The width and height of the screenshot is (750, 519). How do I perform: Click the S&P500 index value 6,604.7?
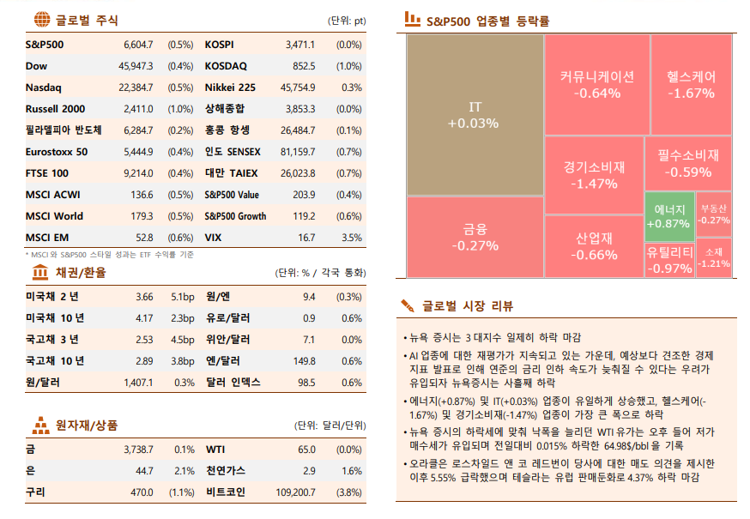click(x=138, y=44)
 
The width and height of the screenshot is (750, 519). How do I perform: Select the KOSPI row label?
click(x=220, y=44)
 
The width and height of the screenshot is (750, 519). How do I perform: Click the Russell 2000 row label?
click(x=56, y=109)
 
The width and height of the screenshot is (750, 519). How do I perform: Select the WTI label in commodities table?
click(x=216, y=449)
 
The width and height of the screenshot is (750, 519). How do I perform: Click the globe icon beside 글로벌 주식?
click(x=40, y=20)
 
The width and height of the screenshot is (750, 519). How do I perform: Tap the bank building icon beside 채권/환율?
click(x=40, y=273)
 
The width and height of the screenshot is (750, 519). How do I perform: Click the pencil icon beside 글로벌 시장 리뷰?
click(x=408, y=305)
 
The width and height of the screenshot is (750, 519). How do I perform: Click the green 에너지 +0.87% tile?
click(x=668, y=216)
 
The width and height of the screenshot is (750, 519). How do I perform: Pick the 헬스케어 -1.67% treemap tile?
click(x=691, y=84)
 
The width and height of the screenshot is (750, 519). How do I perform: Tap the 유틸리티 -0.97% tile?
click(x=669, y=260)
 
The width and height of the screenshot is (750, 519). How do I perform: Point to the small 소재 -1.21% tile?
click(x=714, y=258)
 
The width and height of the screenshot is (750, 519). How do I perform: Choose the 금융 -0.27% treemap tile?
click(x=475, y=237)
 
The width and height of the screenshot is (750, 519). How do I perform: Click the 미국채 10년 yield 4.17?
click(x=143, y=318)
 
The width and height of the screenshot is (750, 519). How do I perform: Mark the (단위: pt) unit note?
click(x=347, y=21)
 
